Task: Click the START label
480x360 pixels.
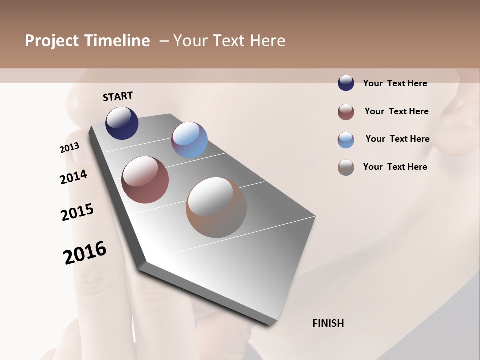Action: pyautogui.click(x=118, y=96)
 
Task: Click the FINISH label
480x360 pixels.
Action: pyautogui.click(x=328, y=323)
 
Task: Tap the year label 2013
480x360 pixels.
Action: pyautogui.click(x=69, y=148)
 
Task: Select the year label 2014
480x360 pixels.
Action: pyautogui.click(x=73, y=177)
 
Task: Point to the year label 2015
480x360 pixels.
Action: pyautogui.click(x=77, y=212)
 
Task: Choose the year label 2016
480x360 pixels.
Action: pyautogui.click(x=85, y=252)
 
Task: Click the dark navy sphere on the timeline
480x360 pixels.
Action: pyautogui.click(x=122, y=123)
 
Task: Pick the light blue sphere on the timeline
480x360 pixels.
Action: pyautogui.click(x=189, y=140)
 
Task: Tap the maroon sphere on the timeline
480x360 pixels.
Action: pyautogui.click(x=145, y=180)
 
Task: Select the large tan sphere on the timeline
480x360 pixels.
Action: pyautogui.click(x=216, y=207)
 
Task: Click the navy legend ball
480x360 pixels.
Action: pyautogui.click(x=346, y=83)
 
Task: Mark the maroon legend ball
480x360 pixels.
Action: pyautogui.click(x=346, y=112)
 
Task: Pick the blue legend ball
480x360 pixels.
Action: pyautogui.click(x=346, y=140)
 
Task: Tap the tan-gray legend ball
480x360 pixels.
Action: pyautogui.click(x=346, y=167)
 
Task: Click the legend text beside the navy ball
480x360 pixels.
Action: pyautogui.click(x=395, y=83)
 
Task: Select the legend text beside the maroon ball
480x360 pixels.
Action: pyautogui.click(x=396, y=111)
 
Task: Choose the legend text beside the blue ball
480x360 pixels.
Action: pyautogui.click(x=397, y=139)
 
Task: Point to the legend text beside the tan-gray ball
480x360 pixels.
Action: pyautogui.click(x=395, y=167)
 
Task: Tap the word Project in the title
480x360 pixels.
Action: pyautogui.click(x=52, y=41)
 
